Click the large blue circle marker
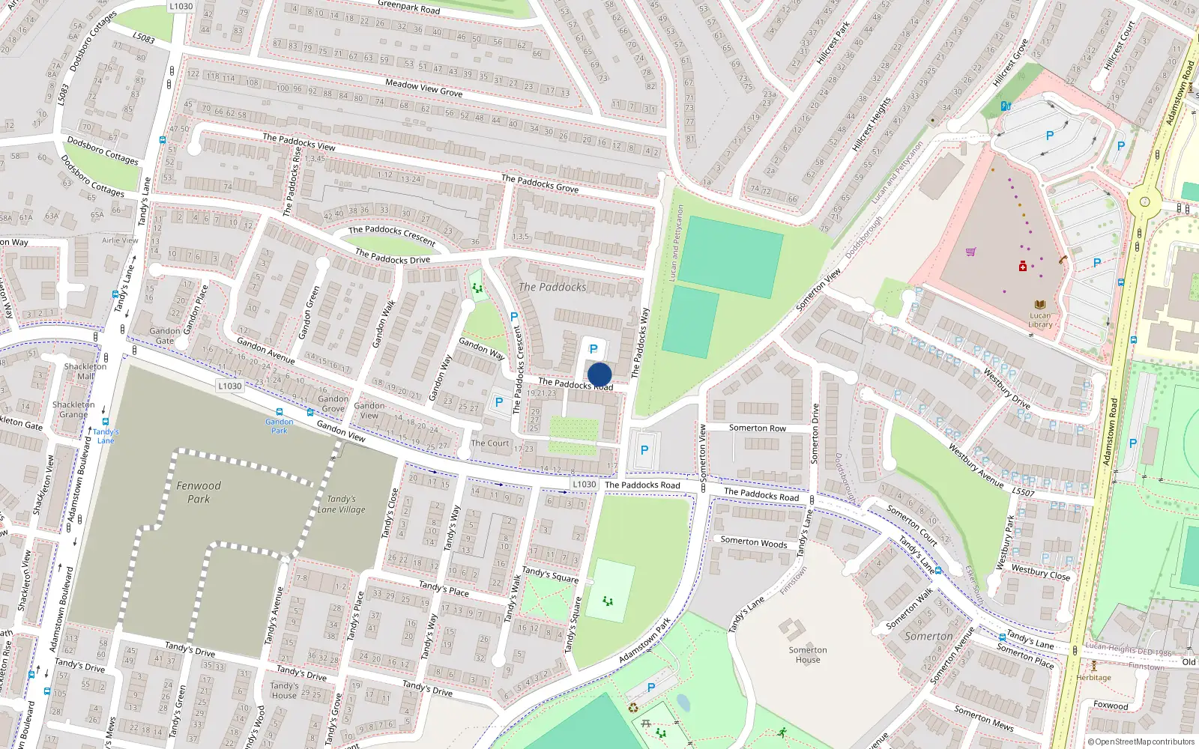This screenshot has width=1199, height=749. (599, 374)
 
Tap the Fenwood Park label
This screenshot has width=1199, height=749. (199, 492)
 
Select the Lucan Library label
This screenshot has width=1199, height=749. (1040, 320)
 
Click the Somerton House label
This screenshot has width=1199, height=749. (808, 655)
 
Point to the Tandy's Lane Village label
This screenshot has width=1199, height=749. (342, 504)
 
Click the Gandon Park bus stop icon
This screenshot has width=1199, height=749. (280, 412)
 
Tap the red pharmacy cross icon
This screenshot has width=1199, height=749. (1022, 267)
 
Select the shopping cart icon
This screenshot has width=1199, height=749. (971, 252)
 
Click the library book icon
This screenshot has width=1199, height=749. (1039, 305)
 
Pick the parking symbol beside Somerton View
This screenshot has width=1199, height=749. (644, 450)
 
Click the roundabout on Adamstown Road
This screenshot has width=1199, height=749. (1144, 201)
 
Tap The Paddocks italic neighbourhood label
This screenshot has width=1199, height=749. (552, 287)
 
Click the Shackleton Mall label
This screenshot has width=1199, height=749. (85, 372)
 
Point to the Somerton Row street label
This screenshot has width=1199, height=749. (758, 428)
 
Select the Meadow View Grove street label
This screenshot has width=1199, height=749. (423, 88)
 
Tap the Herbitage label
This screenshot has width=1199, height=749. (1093, 678)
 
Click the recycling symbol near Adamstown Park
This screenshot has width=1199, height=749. (633, 707)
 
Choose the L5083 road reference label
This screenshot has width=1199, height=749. (143, 37)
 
